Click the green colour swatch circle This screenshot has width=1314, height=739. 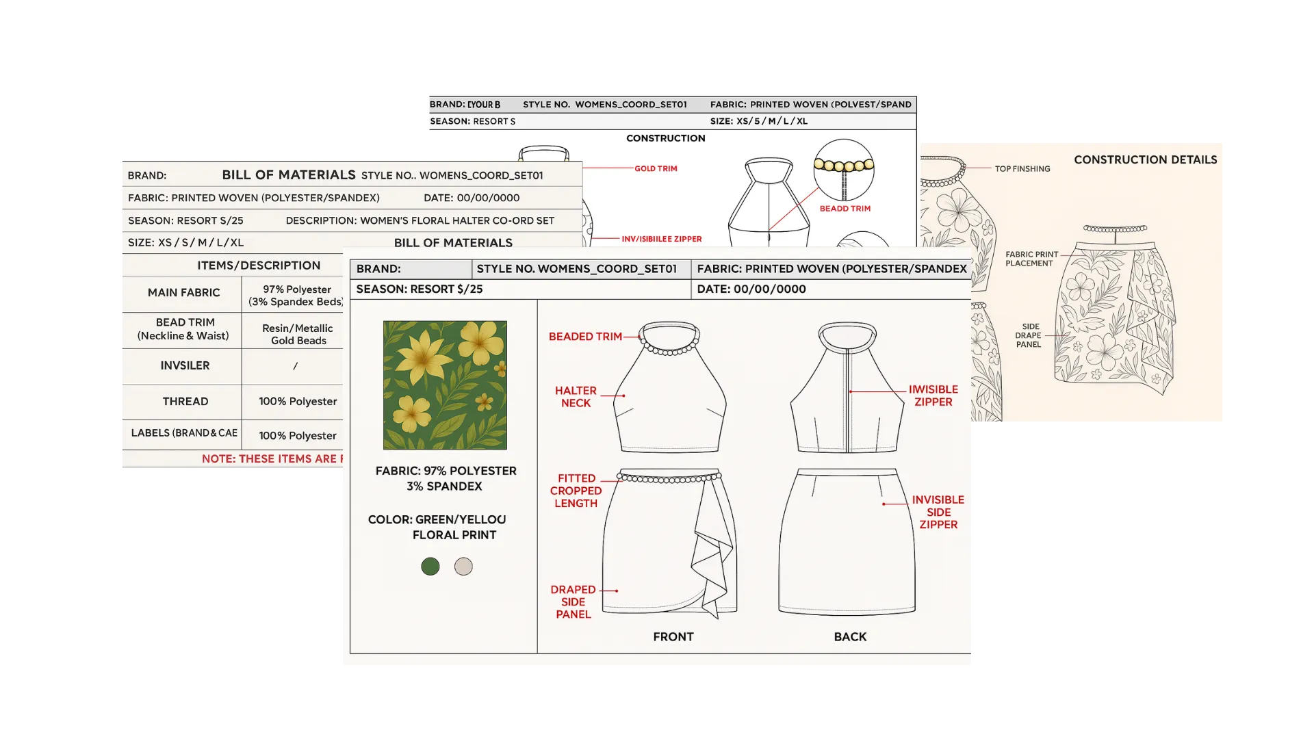tap(430, 567)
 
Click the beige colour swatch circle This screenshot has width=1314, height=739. tap(463, 567)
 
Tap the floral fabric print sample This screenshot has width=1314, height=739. tap(445, 385)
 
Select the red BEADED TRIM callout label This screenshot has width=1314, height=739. tap(585, 337)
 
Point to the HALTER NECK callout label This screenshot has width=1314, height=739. tap(576, 397)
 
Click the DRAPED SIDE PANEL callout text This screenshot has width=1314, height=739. tap(573, 602)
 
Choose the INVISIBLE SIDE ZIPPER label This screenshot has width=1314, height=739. tap(938, 512)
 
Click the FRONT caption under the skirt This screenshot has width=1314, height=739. tap(673, 637)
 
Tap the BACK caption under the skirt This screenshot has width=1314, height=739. tap(850, 637)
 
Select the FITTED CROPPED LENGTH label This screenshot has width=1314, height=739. tap(576, 491)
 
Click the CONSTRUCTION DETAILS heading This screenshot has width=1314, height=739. tap(1145, 160)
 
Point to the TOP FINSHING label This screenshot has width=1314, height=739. tap(1022, 169)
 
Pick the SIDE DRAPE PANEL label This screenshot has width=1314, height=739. tap(1028, 335)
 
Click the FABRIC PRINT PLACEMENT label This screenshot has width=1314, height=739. tap(1031, 259)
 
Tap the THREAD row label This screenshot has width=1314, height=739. tap(185, 402)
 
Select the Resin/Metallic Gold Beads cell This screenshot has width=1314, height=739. tap(298, 335)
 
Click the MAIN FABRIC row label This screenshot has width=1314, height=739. tap(183, 293)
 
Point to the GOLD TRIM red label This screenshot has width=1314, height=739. tap(656, 168)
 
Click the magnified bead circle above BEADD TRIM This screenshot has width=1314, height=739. tap(844, 170)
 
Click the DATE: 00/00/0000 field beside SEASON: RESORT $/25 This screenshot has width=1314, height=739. tap(751, 289)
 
